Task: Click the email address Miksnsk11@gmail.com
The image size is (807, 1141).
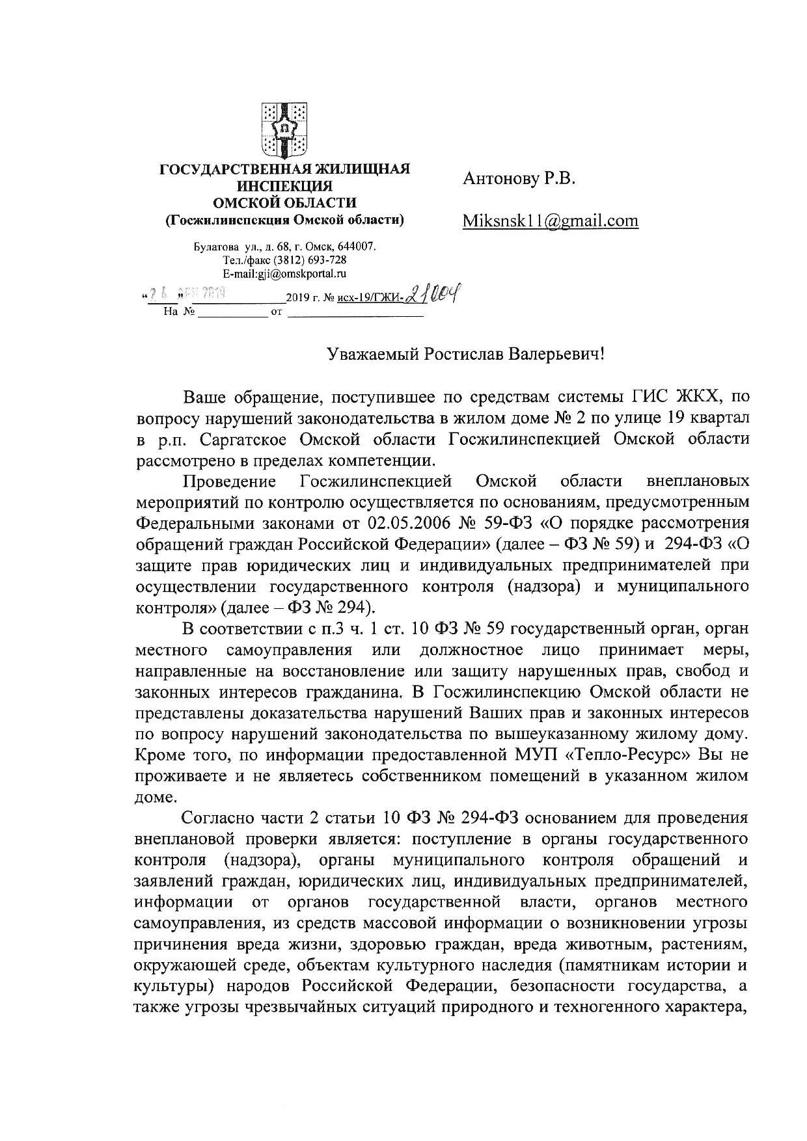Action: [551, 221]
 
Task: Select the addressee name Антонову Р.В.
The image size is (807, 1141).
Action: [519, 179]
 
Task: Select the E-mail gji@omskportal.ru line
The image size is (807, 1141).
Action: [284, 274]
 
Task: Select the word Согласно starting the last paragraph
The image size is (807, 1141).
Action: [220, 818]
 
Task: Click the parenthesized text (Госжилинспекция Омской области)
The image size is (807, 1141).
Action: [284, 220]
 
